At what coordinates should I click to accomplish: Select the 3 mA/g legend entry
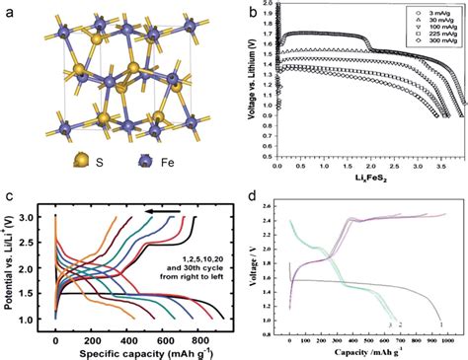(x=422, y=19)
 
